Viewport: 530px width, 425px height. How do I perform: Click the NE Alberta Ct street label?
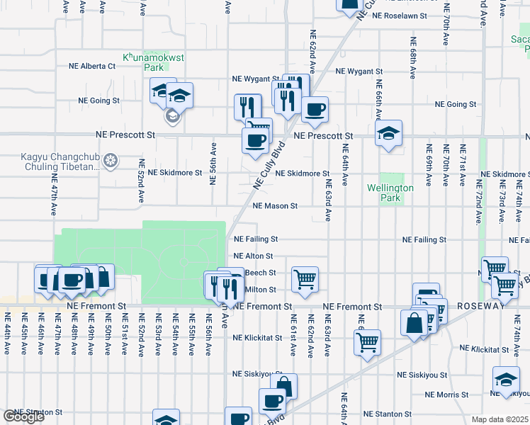[x=92, y=66]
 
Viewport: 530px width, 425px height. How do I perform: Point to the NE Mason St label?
[x=274, y=206]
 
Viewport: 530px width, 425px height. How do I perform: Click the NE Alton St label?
[x=253, y=256]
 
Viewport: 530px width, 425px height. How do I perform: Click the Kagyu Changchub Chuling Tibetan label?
[x=62, y=161]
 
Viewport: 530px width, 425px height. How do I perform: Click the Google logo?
[x=23, y=416]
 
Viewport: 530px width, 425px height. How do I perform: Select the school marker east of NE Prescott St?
[x=388, y=133]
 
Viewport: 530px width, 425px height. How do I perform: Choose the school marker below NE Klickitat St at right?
[x=506, y=380]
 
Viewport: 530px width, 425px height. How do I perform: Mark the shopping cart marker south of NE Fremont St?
[x=367, y=343]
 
